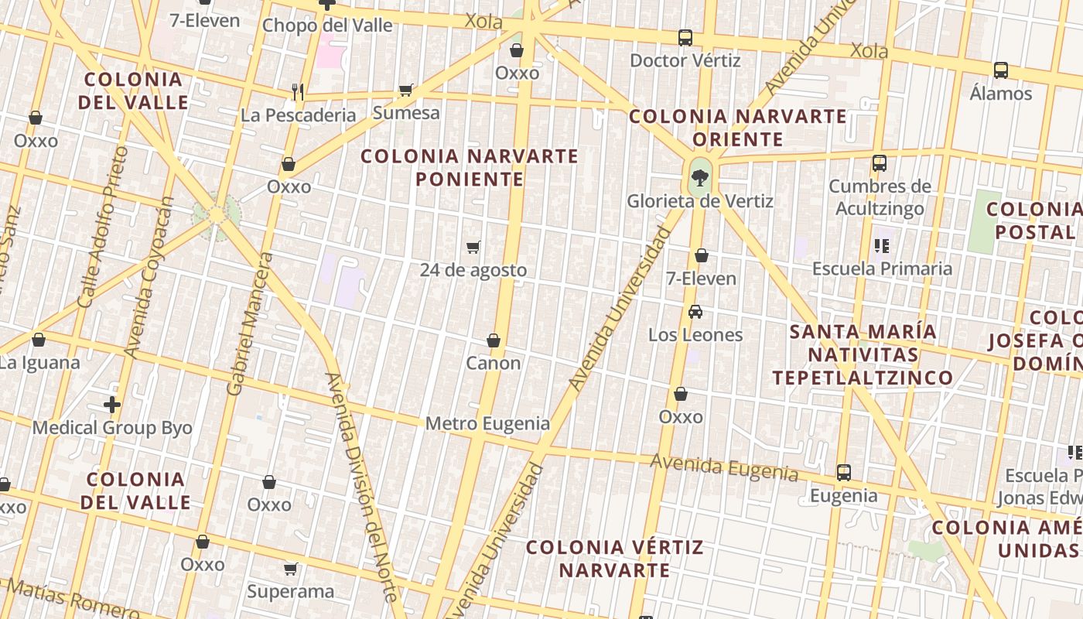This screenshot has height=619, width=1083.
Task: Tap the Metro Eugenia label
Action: point(487,423)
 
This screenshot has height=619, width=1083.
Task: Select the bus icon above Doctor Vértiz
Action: point(685,37)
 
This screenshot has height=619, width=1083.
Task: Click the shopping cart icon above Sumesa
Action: point(405,90)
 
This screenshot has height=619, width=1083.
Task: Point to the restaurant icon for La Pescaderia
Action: point(298,92)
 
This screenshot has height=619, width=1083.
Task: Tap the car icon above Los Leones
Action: point(695,312)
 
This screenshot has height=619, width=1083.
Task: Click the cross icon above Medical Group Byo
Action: point(112,404)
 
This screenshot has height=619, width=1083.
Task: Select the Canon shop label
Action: point(493,363)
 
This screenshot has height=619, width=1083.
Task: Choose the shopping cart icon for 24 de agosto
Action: point(473,247)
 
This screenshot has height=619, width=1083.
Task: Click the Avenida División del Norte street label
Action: point(362,487)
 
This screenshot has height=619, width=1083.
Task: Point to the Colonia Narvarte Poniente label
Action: point(470,168)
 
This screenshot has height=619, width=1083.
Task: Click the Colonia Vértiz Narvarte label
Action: point(615,559)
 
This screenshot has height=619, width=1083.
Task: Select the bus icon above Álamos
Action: point(1001,70)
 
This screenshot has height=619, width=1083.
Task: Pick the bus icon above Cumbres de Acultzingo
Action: point(880,163)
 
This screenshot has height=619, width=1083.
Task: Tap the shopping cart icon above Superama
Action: point(291,569)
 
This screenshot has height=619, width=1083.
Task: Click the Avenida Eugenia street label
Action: point(723,467)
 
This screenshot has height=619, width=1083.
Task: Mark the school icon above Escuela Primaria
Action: point(882,246)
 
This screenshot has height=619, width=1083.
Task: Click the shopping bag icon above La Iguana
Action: point(38,340)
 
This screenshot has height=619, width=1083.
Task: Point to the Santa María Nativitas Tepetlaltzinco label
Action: point(863,355)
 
